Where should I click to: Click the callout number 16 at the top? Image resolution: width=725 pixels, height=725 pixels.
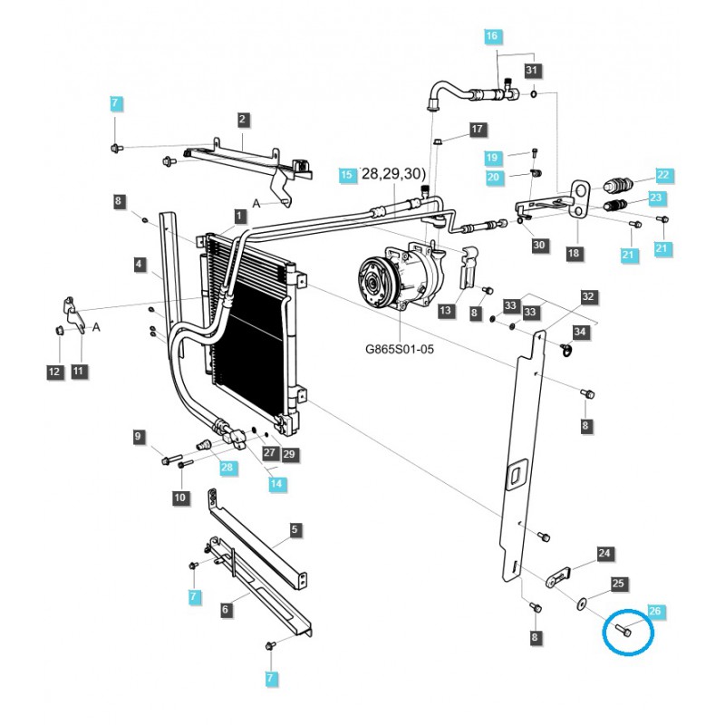[492, 36]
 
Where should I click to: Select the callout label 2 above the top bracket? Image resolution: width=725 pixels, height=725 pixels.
[243, 119]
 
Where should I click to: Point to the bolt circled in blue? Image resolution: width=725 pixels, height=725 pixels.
[626, 630]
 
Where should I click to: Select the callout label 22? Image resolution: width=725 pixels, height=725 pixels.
[663, 175]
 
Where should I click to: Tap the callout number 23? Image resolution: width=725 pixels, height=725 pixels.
[656, 198]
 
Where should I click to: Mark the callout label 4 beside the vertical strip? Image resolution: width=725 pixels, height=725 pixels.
[140, 265]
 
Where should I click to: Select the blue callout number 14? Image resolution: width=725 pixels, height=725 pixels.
[276, 485]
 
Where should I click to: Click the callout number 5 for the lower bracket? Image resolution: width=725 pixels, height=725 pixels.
[295, 528]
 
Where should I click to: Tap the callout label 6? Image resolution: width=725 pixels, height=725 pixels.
[225, 610]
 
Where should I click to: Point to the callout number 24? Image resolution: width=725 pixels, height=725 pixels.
[604, 553]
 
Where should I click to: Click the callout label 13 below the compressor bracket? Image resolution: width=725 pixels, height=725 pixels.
[445, 311]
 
